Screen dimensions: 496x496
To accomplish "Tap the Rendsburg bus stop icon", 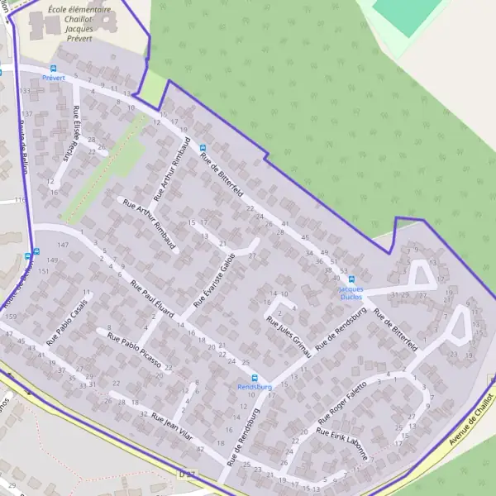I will coord(255,377).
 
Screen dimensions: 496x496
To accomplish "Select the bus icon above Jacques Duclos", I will coord(351,279).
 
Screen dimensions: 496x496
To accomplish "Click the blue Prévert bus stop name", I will coord(53,78).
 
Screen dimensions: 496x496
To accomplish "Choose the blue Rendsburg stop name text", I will coord(255,386).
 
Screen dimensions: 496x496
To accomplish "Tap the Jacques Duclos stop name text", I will coord(351,289).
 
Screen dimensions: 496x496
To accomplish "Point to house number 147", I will coord(63,246).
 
